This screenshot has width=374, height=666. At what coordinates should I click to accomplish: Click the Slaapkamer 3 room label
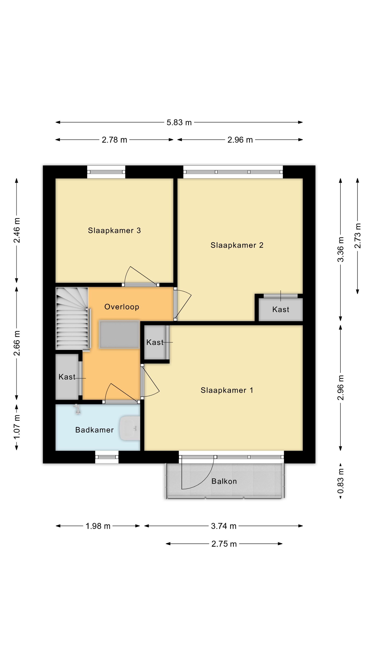pyautogui.click(x=114, y=230)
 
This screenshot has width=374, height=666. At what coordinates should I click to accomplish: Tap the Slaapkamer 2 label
pyautogui.click(x=237, y=245)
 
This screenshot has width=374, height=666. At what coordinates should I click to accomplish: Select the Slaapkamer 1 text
pyautogui.click(x=227, y=390)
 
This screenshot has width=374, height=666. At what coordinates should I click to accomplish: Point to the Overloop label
pyautogui.click(x=122, y=307)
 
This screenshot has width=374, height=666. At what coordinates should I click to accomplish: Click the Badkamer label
pyautogui.click(x=95, y=430)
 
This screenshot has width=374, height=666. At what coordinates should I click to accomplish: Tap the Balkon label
pyautogui.click(x=224, y=481)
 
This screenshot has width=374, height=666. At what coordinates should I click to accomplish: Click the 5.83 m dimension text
pyautogui.click(x=179, y=122)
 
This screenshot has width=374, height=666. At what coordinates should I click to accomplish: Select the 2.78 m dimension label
pyautogui.click(x=114, y=140)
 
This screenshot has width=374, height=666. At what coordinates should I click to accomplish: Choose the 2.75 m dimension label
pyautogui.click(x=224, y=544)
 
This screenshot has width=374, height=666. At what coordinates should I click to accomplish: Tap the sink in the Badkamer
pyautogui.click(x=130, y=428)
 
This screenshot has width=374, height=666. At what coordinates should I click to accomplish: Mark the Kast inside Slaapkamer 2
pyautogui.click(x=280, y=309)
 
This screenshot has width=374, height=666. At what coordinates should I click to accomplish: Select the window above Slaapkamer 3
pyautogui.click(x=106, y=172)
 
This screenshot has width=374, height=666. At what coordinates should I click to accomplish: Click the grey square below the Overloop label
pyautogui.click(x=119, y=335)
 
